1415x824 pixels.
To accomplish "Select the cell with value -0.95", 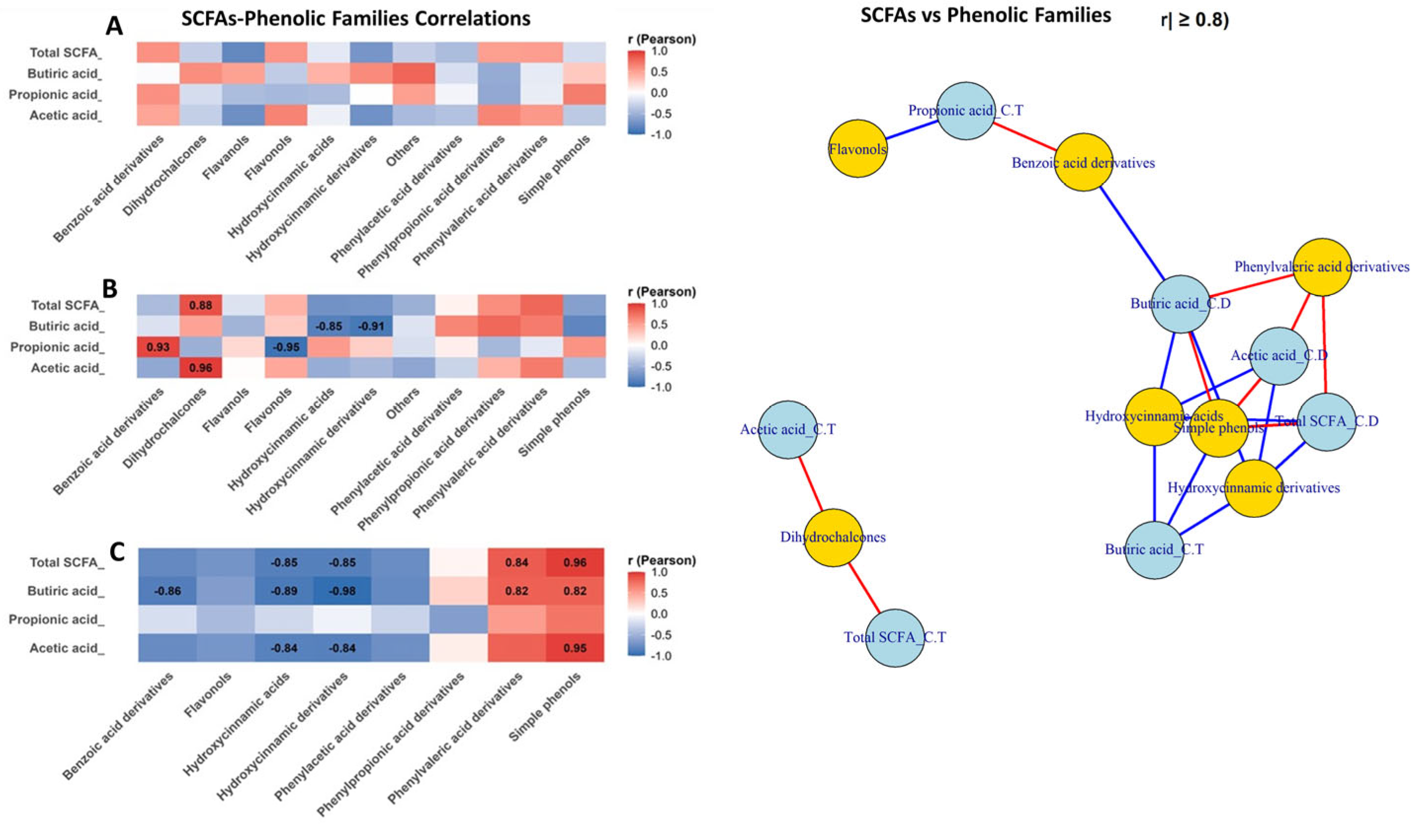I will coord(286,347).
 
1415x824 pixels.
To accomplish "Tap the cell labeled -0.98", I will coord(343,591).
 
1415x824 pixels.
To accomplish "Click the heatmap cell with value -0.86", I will coord(167,591).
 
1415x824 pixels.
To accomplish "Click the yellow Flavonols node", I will coord(857,149).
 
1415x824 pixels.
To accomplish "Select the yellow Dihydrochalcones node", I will coord(833,537).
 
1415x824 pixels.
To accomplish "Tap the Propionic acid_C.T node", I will coord(966,111).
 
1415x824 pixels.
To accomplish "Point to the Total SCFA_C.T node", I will coord(895,638).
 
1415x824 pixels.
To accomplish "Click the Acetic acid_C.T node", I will coord(788,430).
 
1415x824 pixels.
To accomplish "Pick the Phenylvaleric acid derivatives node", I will coord(1322,267).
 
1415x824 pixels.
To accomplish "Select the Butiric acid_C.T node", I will coord(1154,550).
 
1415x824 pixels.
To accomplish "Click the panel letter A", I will coord(114,25).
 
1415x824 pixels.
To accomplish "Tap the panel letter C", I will coord(117,553).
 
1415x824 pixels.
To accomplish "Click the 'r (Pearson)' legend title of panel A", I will coord(661,40).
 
